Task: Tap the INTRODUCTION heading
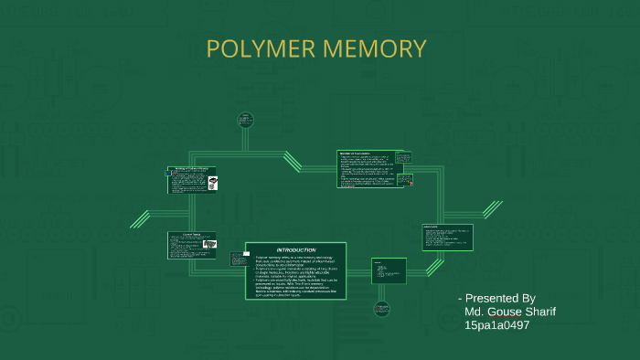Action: pyautogui.click(x=296, y=249)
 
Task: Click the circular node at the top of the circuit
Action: pyautogui.click(x=245, y=119)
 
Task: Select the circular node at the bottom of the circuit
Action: pyautogui.click(x=382, y=309)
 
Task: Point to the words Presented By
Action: pyautogui.click(x=500, y=299)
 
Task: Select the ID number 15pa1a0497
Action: pyautogui.click(x=496, y=324)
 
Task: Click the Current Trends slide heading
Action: pyautogui.click(x=186, y=235)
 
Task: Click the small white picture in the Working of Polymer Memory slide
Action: pyautogui.click(x=212, y=183)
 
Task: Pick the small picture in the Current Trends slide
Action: pyautogui.click(x=209, y=245)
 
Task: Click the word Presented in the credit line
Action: pyautogui.click(x=492, y=299)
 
